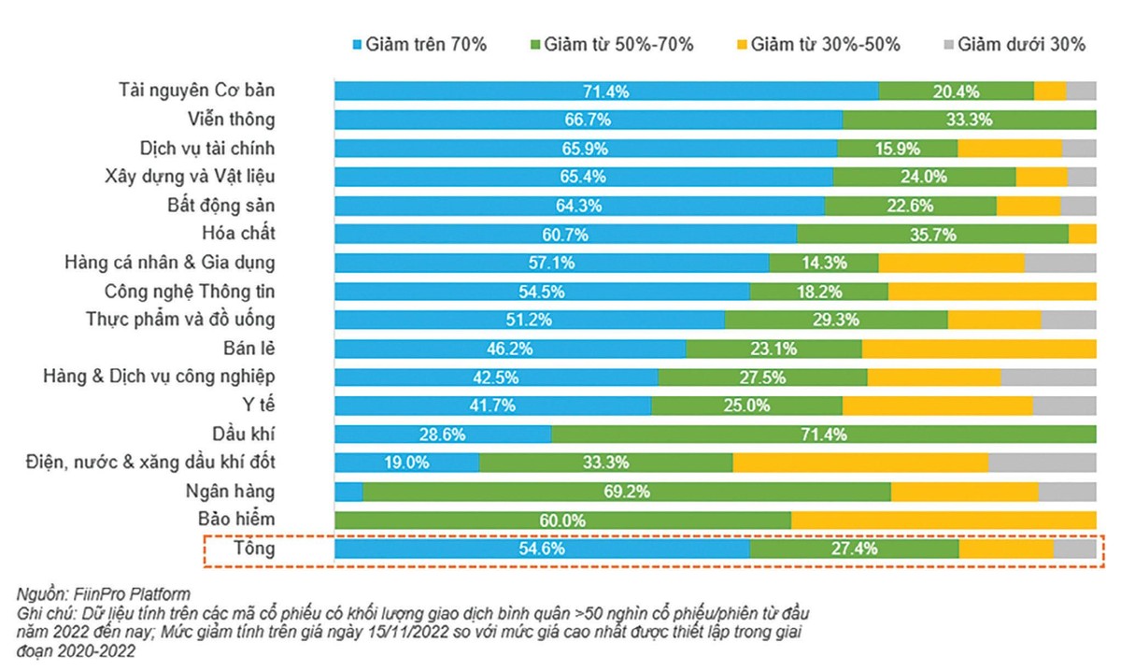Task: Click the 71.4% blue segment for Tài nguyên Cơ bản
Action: point(606,91)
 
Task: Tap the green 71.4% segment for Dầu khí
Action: point(823,434)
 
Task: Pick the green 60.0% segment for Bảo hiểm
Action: point(562,520)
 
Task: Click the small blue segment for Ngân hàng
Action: point(348,491)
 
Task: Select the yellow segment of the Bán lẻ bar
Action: point(978,348)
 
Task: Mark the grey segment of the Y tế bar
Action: point(1064,405)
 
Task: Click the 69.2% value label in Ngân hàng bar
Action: point(627,491)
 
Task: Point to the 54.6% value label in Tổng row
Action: point(542,549)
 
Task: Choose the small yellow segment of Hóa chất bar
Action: point(1082,234)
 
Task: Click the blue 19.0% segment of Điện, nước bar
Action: point(406,462)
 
